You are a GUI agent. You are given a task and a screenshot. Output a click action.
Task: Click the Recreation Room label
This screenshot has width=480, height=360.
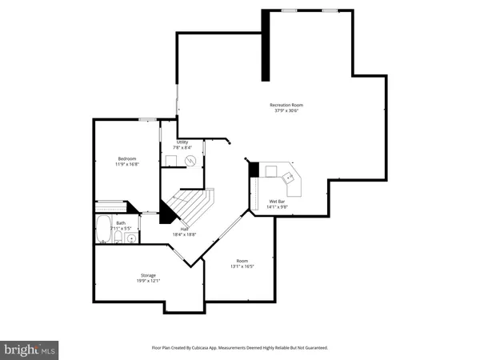286,105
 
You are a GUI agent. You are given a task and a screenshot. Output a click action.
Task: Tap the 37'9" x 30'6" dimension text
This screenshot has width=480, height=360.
286,111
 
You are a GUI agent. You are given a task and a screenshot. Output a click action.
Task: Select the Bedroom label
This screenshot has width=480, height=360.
126,159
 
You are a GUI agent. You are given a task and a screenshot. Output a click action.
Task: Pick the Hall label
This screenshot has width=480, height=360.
184,229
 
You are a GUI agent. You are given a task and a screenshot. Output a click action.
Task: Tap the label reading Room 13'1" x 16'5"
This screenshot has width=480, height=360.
242,263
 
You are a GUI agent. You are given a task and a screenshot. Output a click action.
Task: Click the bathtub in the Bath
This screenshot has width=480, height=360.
103,230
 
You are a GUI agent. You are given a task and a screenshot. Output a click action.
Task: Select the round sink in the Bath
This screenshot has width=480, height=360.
132,238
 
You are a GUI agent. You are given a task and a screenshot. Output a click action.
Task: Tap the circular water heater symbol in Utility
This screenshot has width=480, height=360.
191,161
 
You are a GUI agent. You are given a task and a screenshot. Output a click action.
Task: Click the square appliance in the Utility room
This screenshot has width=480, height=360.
170,161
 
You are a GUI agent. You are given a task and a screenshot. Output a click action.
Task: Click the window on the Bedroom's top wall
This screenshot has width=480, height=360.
146,120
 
